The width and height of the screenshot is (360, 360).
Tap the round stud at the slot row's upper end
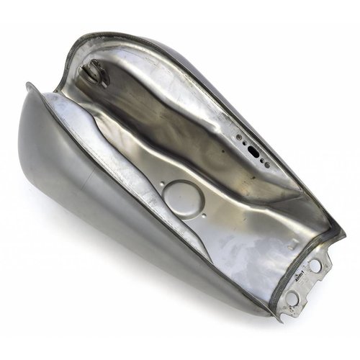coord(238,134)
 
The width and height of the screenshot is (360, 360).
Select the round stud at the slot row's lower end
coord(267,166)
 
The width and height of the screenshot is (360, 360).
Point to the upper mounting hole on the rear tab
coord(315,266)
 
